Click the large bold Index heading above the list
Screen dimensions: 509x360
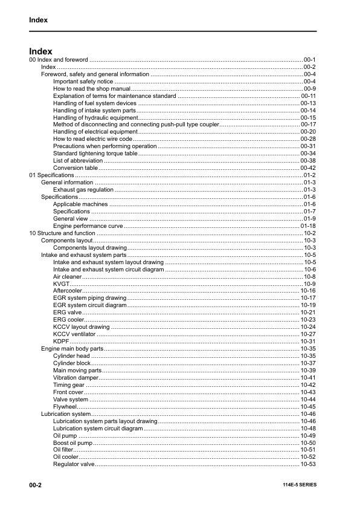click(40, 51)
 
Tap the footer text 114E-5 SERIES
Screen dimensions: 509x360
click(299, 485)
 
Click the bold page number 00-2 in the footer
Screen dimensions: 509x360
click(35, 485)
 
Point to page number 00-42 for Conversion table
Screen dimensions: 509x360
click(308, 168)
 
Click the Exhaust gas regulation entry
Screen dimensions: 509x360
click(83, 190)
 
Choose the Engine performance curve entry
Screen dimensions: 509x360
click(88, 225)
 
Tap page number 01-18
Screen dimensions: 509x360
click(308, 225)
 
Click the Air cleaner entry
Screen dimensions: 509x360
click(67, 276)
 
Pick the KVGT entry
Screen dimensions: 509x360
click(61, 284)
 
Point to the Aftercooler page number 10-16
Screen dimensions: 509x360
click(308, 291)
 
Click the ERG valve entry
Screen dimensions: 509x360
click(67, 313)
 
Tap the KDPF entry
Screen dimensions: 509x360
click(61, 342)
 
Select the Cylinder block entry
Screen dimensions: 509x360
click(71, 363)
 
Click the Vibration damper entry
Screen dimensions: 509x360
click(76, 378)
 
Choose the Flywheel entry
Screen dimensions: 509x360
click(65, 407)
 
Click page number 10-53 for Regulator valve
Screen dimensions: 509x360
click(308, 464)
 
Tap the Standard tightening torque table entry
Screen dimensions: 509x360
click(95, 154)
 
